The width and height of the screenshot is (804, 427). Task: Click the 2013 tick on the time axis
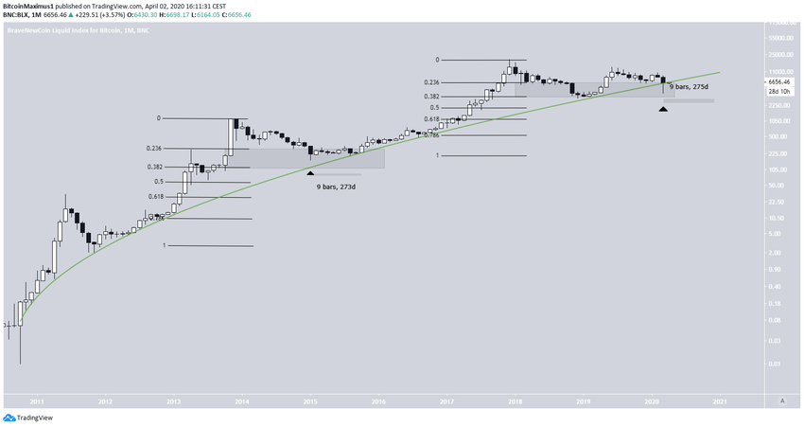coord(173,401)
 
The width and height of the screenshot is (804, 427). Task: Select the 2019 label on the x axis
coord(583,401)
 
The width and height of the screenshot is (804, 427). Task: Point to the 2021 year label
coord(719,401)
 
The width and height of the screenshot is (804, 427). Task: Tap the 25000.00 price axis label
coord(778,54)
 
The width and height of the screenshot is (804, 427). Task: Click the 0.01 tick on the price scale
coord(774,364)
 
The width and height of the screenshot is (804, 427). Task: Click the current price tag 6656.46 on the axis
coord(781,82)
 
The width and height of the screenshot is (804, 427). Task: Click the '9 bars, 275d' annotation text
coord(688,87)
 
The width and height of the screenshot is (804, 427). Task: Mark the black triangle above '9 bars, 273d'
coord(310,172)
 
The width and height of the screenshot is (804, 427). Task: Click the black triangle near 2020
coord(664,110)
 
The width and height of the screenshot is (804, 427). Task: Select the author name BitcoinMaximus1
coord(28,5)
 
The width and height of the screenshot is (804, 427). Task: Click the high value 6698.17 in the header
coord(170,14)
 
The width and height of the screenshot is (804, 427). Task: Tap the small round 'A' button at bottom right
coord(781,401)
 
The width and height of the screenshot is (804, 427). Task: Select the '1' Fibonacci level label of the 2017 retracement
coord(437,155)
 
